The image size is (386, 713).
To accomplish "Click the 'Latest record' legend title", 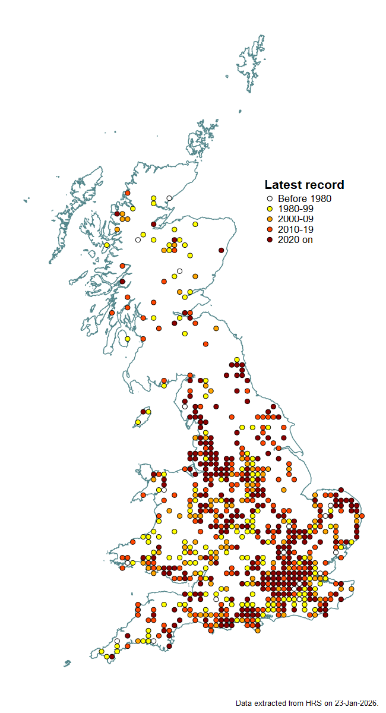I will click(x=304, y=185).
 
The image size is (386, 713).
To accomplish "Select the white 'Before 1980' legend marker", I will click(x=269, y=199).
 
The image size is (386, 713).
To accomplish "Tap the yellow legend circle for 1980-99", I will click(x=269, y=209).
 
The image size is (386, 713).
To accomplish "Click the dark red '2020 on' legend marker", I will click(x=269, y=239).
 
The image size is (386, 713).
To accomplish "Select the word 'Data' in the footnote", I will click(x=244, y=703).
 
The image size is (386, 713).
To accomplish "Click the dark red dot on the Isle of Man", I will click(x=143, y=411).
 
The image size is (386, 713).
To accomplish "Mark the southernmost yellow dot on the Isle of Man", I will click(x=138, y=422).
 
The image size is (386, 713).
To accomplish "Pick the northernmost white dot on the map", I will click(x=169, y=198).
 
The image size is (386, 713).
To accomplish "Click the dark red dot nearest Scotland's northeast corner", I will click(x=221, y=250).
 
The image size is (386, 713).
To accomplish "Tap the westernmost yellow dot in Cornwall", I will click(x=102, y=652).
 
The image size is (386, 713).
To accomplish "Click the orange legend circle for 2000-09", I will click(x=269, y=219).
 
